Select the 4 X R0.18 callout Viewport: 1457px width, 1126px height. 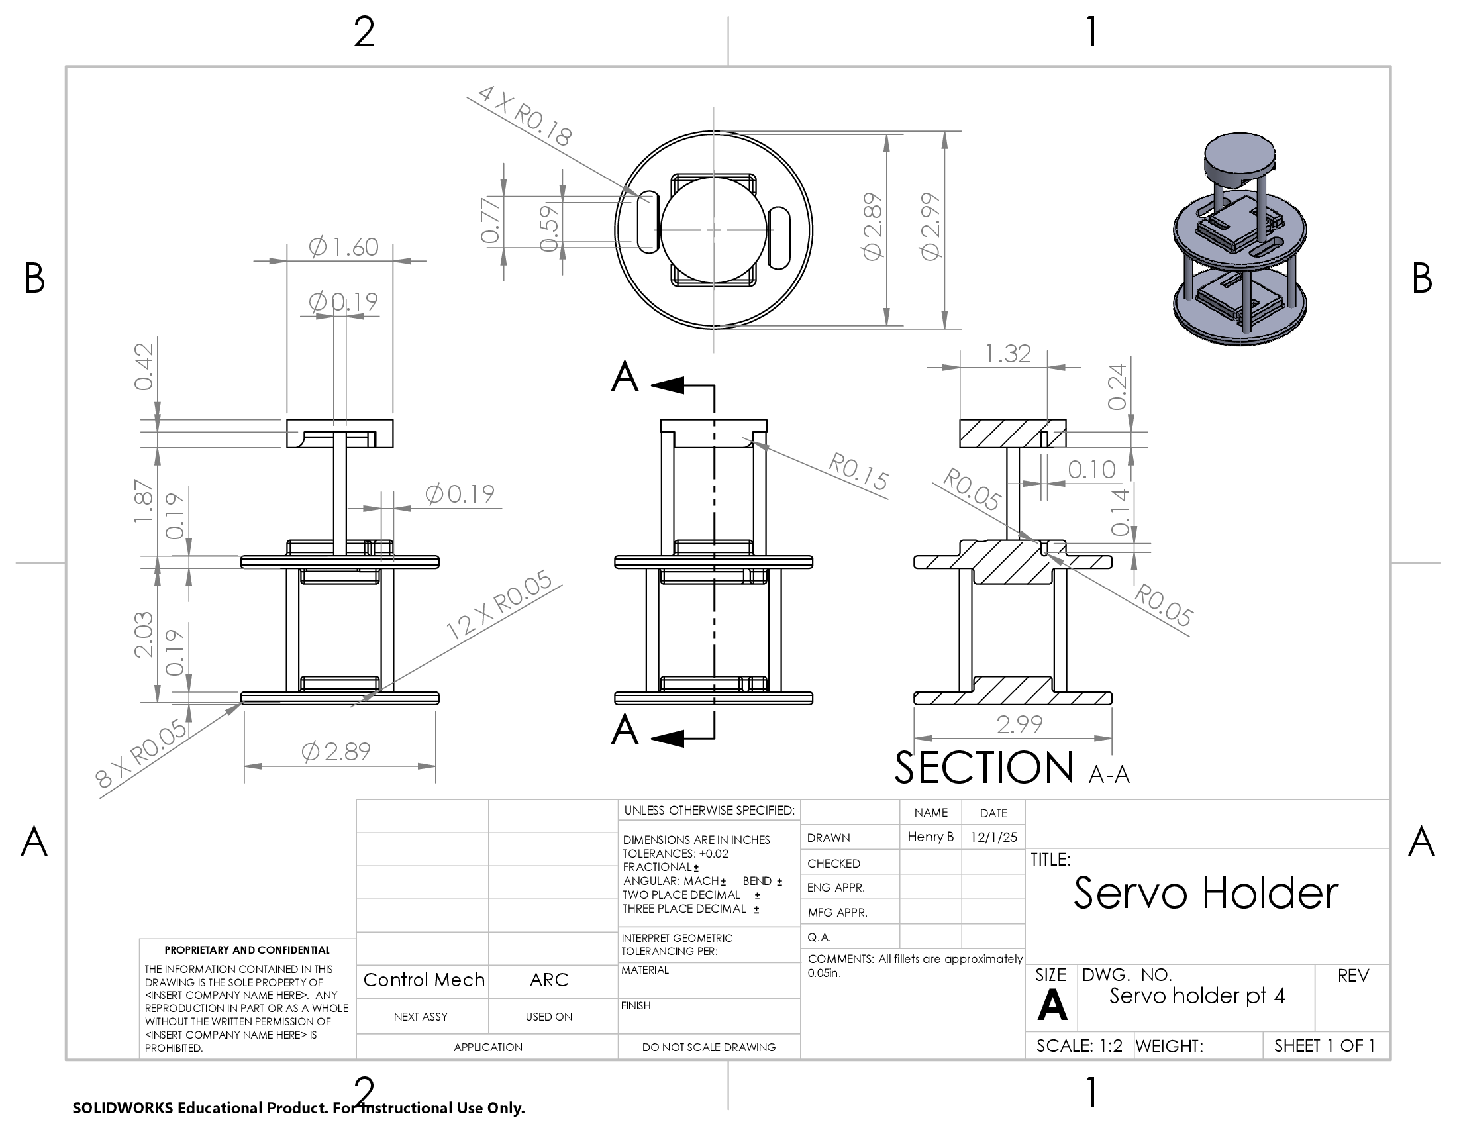[525, 116]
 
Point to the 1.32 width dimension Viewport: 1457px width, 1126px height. [1008, 354]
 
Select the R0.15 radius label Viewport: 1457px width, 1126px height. [858, 471]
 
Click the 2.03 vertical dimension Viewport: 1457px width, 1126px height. [144, 635]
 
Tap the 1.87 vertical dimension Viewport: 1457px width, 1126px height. [144, 500]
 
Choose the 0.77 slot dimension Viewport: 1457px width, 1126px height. [490, 220]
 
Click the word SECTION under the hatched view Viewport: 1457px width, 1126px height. [983, 768]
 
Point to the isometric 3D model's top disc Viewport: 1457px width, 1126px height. [1240, 153]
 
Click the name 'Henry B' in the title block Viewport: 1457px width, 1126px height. [930, 837]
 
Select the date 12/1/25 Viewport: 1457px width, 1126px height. [993, 837]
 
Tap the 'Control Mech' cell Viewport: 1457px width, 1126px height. [424, 980]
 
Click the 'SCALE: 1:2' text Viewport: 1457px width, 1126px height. [1079, 1045]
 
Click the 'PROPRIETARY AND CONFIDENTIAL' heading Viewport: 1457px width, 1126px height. [247, 950]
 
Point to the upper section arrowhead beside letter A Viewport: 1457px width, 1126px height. [668, 385]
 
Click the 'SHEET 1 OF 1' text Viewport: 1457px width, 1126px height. [1325, 1045]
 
